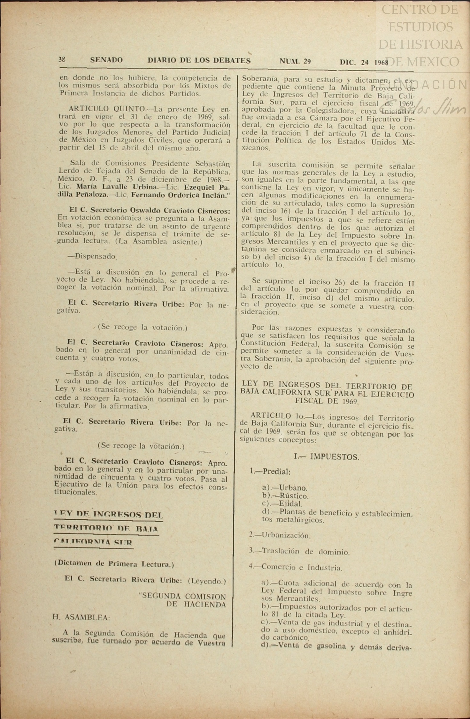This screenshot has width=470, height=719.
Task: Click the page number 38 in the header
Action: [x=62, y=59]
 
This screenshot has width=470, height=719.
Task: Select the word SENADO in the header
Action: [x=106, y=60]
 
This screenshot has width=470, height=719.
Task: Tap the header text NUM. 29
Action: [x=295, y=61]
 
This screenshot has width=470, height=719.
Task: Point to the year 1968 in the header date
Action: [x=381, y=62]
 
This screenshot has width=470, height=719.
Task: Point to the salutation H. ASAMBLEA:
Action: [x=81, y=617]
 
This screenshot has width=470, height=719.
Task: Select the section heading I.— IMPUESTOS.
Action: [x=326, y=457]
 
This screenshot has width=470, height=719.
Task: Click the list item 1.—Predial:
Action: [x=270, y=471]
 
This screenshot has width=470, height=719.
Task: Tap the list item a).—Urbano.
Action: [x=285, y=488]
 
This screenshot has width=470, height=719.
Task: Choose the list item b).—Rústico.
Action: [x=285, y=496]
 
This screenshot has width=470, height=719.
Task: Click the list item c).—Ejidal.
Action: [x=282, y=504]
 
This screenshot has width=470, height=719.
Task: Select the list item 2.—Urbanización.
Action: [x=280, y=535]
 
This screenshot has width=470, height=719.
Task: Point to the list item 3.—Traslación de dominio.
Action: [x=299, y=552]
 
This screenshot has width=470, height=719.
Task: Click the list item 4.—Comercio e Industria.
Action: [x=296, y=568]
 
